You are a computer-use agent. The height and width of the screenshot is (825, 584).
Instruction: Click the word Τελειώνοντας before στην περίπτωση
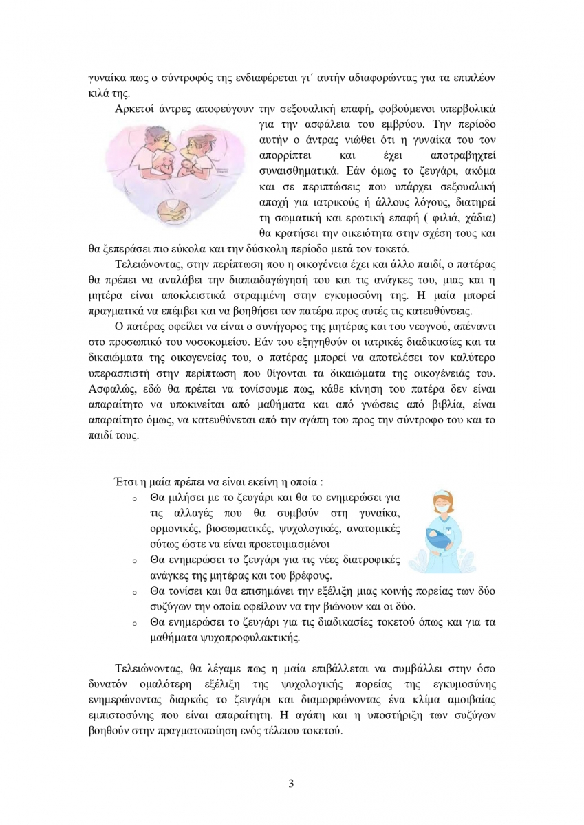tap(147, 264)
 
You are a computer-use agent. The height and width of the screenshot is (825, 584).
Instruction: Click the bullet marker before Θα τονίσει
tap(135, 592)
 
